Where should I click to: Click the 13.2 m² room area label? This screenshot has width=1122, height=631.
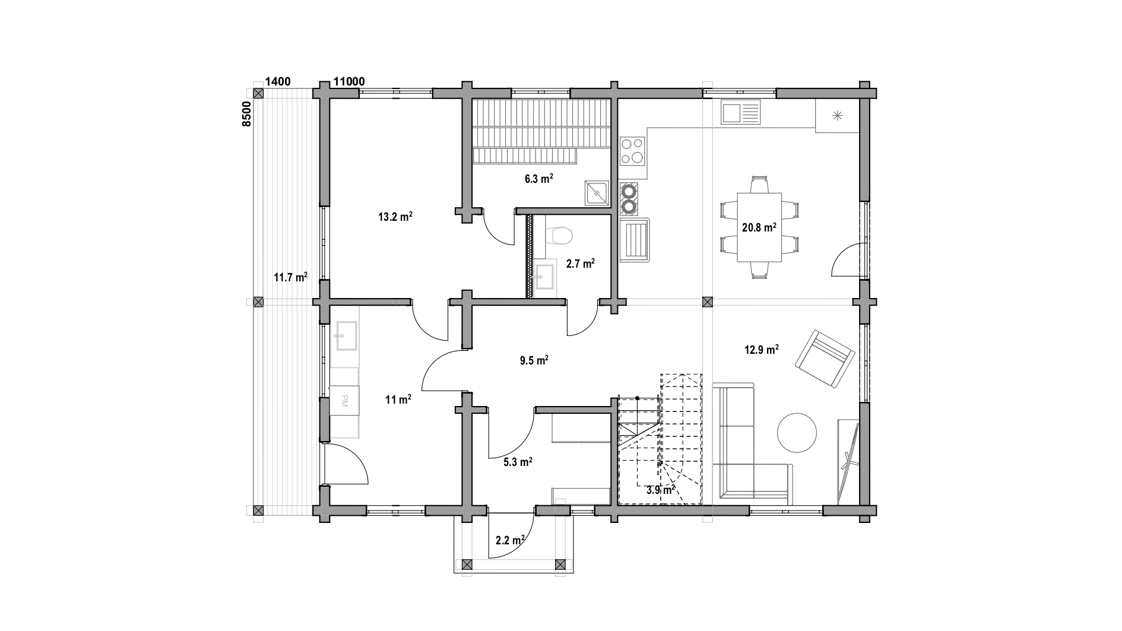[395, 217]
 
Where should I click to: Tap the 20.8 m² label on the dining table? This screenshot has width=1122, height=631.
[759, 227]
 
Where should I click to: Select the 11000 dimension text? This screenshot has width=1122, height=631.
[349, 82]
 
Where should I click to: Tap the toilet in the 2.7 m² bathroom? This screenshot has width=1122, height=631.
[559, 235]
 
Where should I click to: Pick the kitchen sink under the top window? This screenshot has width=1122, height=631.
[740, 112]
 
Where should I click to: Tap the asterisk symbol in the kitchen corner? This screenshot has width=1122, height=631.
[838, 115]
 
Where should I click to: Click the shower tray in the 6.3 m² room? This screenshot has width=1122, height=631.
[596, 193]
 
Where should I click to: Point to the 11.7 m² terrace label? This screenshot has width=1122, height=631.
[290, 277]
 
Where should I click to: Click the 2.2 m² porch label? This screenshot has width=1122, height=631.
[510, 540]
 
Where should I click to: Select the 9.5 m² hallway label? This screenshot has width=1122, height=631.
[534, 360]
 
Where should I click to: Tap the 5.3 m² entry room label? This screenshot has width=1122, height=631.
[518, 462]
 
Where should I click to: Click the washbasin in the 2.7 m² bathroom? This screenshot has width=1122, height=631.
[544, 276]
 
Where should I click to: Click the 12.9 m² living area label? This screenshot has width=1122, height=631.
[762, 350]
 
